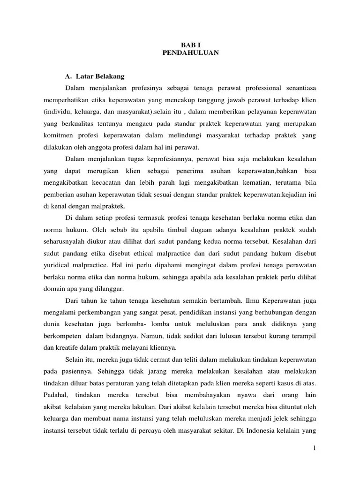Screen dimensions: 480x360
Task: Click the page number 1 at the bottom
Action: pyautogui.click(x=315, y=449)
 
